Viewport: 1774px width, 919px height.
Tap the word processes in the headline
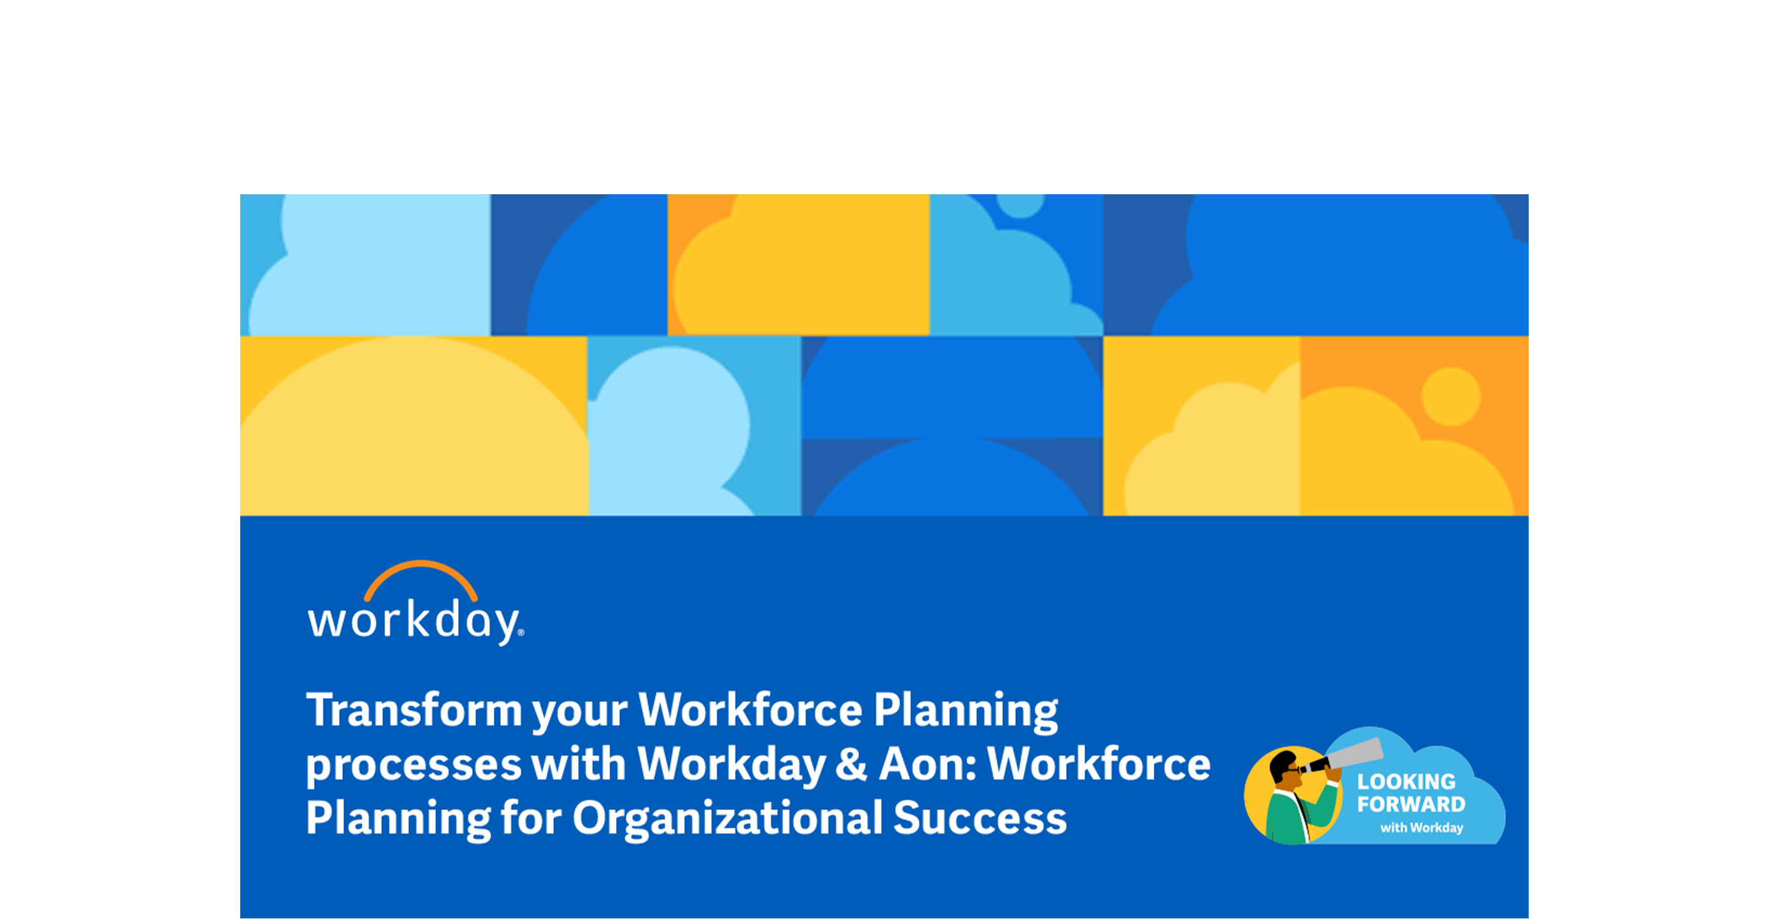point(413,766)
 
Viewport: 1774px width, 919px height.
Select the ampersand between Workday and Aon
point(851,764)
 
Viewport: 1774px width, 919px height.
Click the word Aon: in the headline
point(928,764)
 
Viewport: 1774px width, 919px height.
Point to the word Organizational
point(727,819)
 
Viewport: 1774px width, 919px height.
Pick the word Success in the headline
point(980,818)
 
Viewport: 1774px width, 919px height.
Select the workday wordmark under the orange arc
point(415,622)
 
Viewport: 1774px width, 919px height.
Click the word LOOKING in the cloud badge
point(1406,782)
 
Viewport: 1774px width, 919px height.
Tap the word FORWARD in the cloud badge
point(1411,804)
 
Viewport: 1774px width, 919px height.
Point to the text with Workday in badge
point(1422,827)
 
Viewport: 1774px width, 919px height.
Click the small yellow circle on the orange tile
point(1451,397)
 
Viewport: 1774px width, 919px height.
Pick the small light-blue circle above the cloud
point(1021,204)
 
